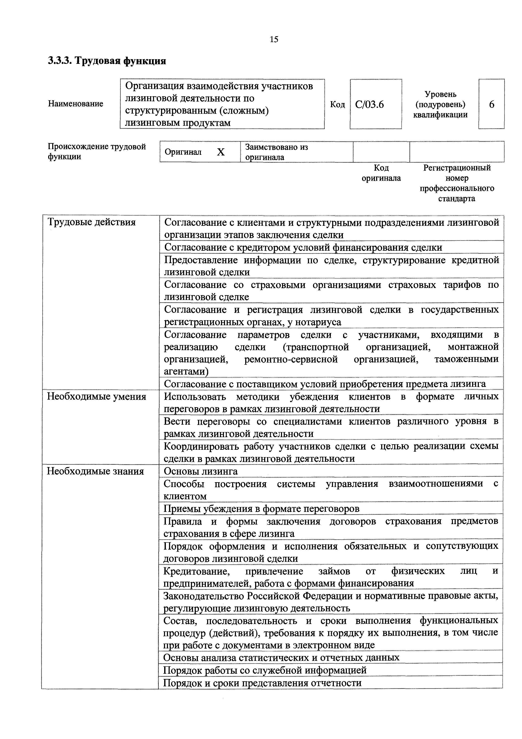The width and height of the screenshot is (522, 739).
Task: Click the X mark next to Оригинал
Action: point(220,152)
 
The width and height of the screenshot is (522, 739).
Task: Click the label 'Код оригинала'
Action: point(381,173)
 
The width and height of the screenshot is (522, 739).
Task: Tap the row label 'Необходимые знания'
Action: point(96,471)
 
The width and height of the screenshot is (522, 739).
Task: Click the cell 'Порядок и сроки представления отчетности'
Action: point(262,683)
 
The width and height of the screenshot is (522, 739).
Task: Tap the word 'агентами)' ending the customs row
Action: point(186,371)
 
